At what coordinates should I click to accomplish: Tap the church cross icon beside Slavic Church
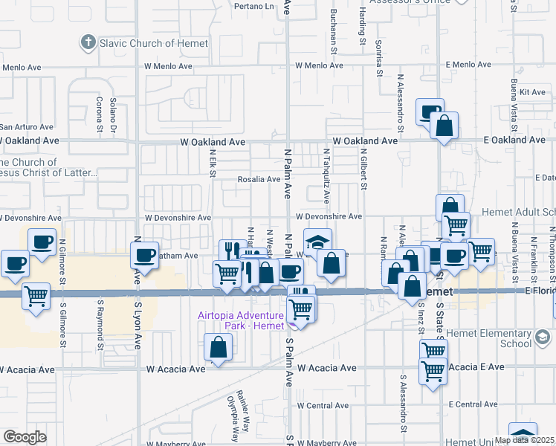point(88,42)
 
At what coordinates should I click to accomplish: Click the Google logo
point(25,437)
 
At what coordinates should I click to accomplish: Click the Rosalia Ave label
point(259,179)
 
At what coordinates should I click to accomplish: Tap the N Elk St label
point(212,164)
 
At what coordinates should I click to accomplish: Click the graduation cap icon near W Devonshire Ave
point(317,242)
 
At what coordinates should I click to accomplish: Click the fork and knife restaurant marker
point(233,252)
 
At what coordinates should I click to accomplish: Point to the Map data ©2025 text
point(525,440)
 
